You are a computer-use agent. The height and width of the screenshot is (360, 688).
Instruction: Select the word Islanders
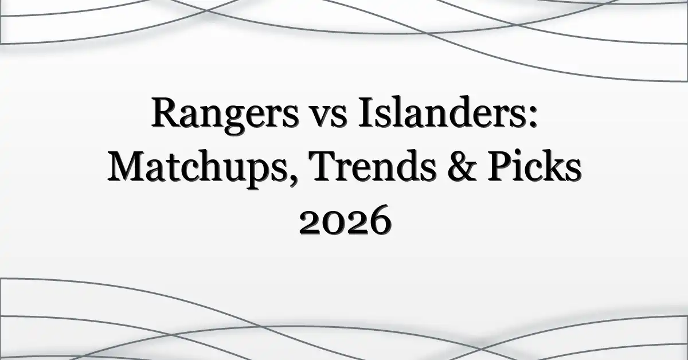tap(441, 112)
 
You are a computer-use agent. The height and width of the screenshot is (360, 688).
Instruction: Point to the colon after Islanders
tap(533, 118)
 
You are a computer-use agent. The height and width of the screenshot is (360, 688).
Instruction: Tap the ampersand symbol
tap(462, 166)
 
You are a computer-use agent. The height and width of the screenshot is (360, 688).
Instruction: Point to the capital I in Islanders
tap(368, 113)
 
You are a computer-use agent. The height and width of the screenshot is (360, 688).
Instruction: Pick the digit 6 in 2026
tap(380, 220)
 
